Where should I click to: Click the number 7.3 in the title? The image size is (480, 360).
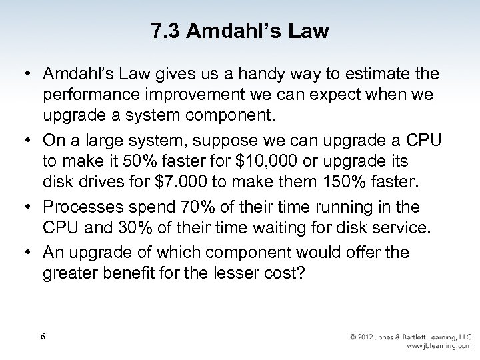pyautogui.click(x=164, y=31)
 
